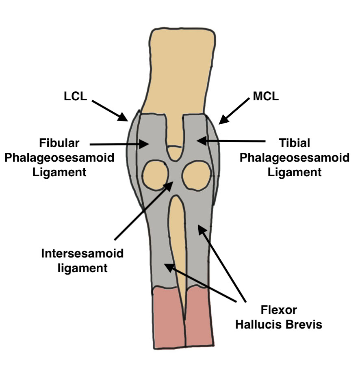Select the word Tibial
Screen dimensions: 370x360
pos(295,143)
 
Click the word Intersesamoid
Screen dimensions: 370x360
pos(82,254)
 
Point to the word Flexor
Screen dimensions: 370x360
pos(279,310)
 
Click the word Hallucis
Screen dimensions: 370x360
pos(265,325)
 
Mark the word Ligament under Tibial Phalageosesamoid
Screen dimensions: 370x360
pos(295,172)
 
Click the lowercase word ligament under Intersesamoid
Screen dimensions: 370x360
pos(82,268)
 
